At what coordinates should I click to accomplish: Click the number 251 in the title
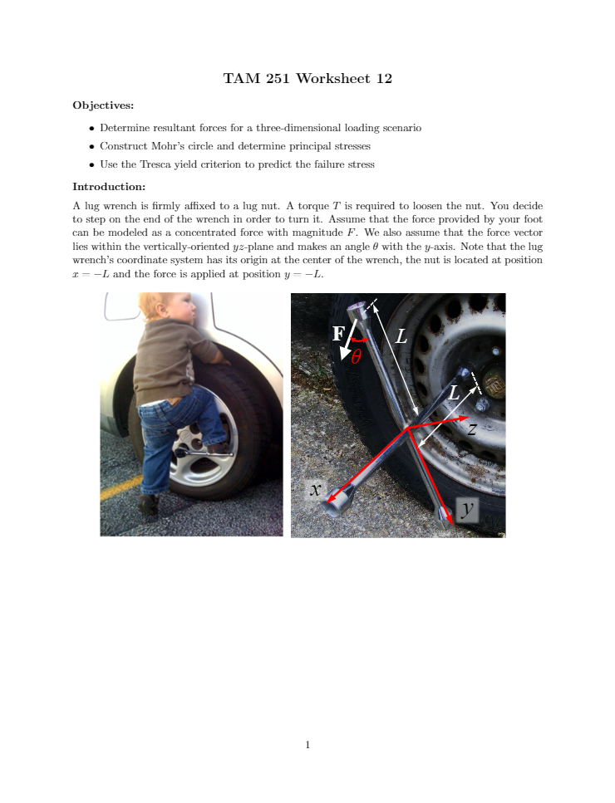click(x=278, y=78)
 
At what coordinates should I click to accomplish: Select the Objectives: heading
click(x=103, y=105)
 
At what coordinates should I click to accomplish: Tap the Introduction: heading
click(x=109, y=186)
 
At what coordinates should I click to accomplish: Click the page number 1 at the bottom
click(x=307, y=745)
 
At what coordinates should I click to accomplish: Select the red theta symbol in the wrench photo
click(x=357, y=356)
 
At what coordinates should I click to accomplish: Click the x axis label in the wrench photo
click(x=315, y=490)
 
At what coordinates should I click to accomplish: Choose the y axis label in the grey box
click(x=467, y=510)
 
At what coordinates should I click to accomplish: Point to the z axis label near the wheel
click(x=472, y=428)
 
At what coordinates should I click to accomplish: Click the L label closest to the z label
click(x=454, y=394)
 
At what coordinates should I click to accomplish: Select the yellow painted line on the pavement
click(x=121, y=487)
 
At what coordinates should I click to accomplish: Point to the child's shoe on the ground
click(x=149, y=504)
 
